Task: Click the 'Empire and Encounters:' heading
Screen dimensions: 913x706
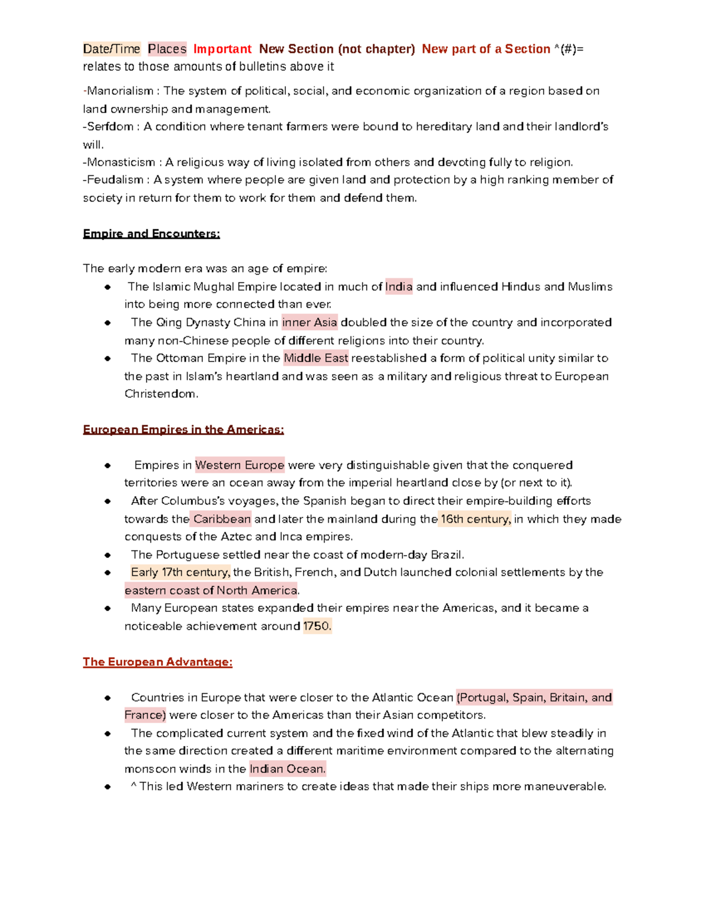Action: pyautogui.click(x=151, y=234)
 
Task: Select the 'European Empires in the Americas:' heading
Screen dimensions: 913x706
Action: pyautogui.click(x=183, y=430)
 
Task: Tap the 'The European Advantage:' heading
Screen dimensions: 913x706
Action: pyautogui.click(x=157, y=662)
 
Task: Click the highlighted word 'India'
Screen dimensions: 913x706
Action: pyautogui.click(x=399, y=287)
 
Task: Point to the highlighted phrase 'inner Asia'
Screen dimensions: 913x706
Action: pyautogui.click(x=309, y=323)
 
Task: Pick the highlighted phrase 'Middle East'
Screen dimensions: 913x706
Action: pyautogui.click(x=316, y=358)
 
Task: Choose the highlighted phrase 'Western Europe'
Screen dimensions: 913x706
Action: pyautogui.click(x=239, y=465)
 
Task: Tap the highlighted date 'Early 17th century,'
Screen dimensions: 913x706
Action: pyautogui.click(x=180, y=572)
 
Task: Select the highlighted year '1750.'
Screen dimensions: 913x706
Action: pyautogui.click(x=317, y=626)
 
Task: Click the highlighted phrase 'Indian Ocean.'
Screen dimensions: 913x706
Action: pyautogui.click(x=287, y=769)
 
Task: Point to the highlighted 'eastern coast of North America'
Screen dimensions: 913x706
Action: pyautogui.click(x=211, y=590)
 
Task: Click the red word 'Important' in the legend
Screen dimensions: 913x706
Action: pyautogui.click(x=222, y=49)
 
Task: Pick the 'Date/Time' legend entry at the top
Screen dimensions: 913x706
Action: pyautogui.click(x=112, y=49)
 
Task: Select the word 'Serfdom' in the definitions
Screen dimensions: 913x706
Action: pyautogui.click(x=110, y=126)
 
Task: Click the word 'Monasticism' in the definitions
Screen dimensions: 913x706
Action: pyautogui.click(x=121, y=162)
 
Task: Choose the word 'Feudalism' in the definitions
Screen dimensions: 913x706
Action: pyautogui.click(x=115, y=180)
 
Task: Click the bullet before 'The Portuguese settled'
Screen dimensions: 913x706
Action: pyautogui.click(x=108, y=555)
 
